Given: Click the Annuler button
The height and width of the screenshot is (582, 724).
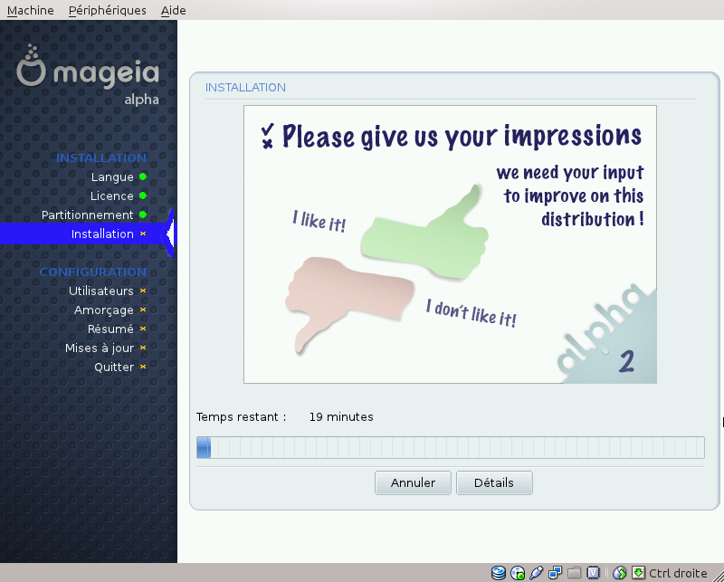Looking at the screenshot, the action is [x=413, y=482].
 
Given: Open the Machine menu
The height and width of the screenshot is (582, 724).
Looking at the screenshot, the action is [x=31, y=10].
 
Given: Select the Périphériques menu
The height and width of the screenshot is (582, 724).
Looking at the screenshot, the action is [x=107, y=10].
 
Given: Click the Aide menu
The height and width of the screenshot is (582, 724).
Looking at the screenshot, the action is [x=173, y=10].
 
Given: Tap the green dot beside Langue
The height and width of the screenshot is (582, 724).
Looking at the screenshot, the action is [x=143, y=177].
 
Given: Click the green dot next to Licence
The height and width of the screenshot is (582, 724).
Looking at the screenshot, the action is [x=143, y=196].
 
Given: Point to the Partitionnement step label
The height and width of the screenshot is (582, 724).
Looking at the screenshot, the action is [x=87, y=215].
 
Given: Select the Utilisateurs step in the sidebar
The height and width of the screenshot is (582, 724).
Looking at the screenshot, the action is [x=101, y=291].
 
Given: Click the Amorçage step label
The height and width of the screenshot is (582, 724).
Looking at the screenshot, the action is [x=104, y=310].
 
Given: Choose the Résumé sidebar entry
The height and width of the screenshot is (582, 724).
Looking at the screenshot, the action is [x=110, y=329].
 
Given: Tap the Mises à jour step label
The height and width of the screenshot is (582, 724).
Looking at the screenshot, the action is [x=100, y=348].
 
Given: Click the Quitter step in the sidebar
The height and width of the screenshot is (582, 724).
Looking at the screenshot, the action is [x=114, y=367].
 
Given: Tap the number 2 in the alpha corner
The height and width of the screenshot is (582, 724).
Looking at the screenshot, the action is [x=626, y=361].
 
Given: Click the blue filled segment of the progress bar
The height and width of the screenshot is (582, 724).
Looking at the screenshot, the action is [x=204, y=447].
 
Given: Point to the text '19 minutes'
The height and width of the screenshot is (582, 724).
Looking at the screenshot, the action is [x=341, y=416].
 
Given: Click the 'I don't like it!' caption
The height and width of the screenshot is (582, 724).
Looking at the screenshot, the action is [x=471, y=313].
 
